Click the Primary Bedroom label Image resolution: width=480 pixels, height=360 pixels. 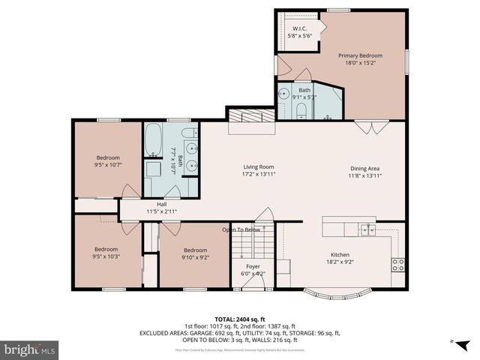pos(360,55)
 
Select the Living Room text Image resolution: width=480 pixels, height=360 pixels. pos(259,166)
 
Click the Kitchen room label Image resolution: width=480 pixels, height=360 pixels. pos(340,255)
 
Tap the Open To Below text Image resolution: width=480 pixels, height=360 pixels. pos(241,229)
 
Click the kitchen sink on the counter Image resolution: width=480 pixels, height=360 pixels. pos(367,229)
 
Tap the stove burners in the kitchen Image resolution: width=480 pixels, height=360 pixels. pos(398,264)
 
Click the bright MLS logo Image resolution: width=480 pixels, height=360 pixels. pos(30,349)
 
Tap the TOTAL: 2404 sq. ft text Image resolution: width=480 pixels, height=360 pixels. pos(240,318)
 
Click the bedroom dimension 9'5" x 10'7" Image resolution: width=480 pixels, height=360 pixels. pos(109,165)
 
